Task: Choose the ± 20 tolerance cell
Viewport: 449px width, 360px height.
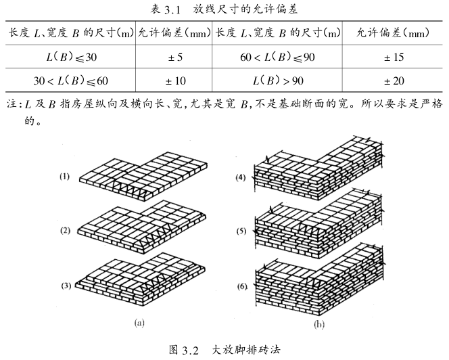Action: (394, 81)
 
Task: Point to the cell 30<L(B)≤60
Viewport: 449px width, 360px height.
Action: (71, 81)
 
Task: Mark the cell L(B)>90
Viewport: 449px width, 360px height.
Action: (278, 81)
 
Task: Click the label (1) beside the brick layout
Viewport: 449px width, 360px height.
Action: (65, 177)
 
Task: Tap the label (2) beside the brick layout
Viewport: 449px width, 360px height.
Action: (65, 231)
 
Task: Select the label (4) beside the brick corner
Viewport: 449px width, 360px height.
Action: (240, 179)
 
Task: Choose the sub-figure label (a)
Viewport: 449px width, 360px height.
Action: (140, 323)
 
